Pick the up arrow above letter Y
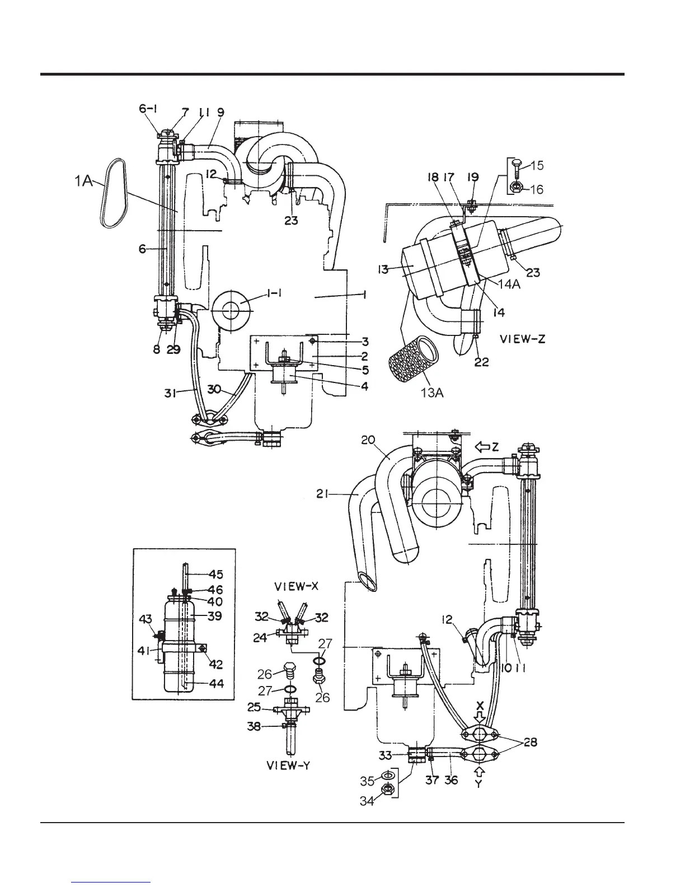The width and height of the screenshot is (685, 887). click(x=478, y=770)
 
